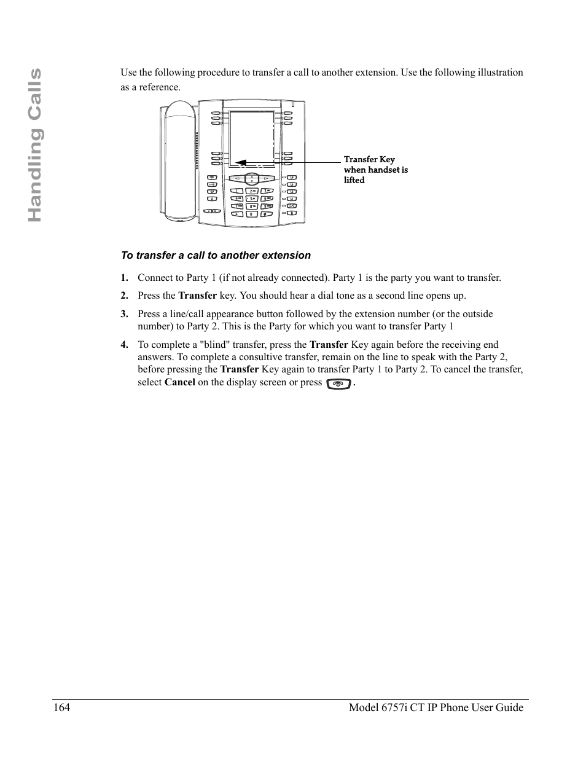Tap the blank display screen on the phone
coord(252,138)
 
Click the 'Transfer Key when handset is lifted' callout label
coord(375,170)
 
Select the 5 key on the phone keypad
coord(251,199)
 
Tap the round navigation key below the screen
coord(252,179)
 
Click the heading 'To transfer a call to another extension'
coord(216,255)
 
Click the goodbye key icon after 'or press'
coord(339,383)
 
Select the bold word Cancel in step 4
coord(180,382)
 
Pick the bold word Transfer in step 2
coord(197,296)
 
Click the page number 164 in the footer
coord(61,707)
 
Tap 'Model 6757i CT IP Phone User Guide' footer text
coord(436,707)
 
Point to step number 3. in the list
coord(124,314)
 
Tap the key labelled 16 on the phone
coord(292,178)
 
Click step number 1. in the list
coord(124,278)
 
